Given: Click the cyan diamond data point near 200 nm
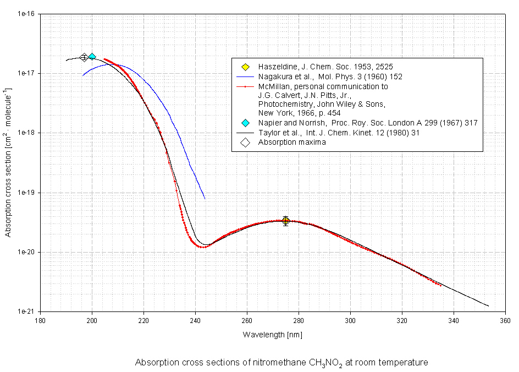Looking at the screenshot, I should [x=92, y=57].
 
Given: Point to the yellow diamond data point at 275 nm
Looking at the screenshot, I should [x=286, y=221].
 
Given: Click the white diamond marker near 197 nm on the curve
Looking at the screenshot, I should [x=84, y=57].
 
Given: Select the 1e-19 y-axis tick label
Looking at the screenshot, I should [x=26, y=193].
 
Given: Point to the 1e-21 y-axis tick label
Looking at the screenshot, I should [x=26, y=311].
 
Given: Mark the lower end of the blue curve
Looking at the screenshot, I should [x=205, y=198].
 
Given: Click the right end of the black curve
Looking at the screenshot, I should [x=488, y=306].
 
